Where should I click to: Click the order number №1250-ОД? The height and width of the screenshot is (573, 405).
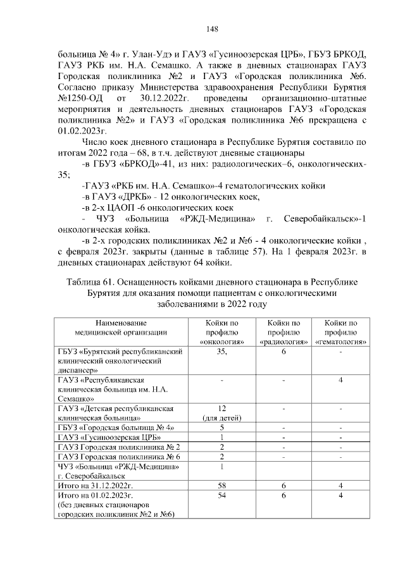pos(82,99)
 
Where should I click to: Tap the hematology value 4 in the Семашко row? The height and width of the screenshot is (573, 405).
pos(340,379)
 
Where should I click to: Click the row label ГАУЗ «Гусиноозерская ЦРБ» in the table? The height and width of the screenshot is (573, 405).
pos(108,437)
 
